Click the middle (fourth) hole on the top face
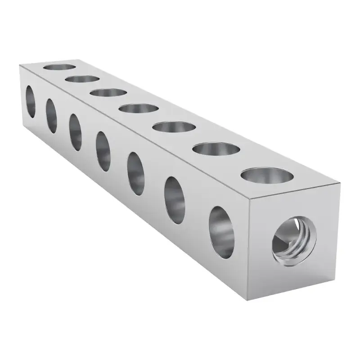[x=139, y=108]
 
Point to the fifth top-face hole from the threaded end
[x=108, y=93]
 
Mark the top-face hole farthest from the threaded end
[x=59, y=67]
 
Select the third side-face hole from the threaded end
[x=135, y=173]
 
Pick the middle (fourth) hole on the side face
[x=103, y=151]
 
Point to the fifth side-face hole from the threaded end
[x=75, y=132]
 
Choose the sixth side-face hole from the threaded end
[x=51, y=115]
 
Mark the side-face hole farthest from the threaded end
[x=30, y=101]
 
